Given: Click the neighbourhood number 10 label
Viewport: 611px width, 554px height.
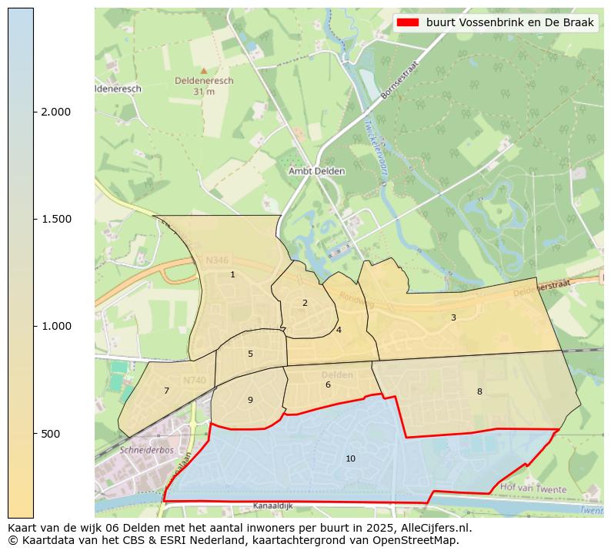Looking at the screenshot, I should click(350, 458).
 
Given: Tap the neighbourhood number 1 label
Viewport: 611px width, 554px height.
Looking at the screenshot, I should click(232, 274).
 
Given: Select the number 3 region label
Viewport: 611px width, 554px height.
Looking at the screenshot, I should click(453, 317).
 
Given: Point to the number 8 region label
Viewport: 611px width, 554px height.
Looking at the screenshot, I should click(479, 391).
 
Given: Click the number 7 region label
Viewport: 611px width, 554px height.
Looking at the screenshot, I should click(166, 391).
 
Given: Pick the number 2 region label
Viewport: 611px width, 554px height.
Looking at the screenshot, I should click(305, 303).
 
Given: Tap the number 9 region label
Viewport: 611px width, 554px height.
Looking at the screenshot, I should click(250, 400).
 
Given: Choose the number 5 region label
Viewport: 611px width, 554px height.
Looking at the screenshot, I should click(250, 354).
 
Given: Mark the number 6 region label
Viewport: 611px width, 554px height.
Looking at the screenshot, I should click(328, 384).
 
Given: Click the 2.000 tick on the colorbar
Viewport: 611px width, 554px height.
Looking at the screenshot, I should click(55, 112).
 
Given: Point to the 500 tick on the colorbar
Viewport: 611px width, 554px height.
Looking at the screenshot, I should click(51, 434).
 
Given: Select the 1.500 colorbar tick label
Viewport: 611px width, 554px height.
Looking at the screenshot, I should click(55, 219).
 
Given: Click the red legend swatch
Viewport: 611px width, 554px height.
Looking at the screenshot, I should click(408, 22).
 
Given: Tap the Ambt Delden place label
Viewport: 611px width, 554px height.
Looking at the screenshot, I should click(316, 171).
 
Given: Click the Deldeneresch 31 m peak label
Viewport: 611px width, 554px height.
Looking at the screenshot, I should click(204, 85).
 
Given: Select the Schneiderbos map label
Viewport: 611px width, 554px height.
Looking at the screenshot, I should click(145, 449).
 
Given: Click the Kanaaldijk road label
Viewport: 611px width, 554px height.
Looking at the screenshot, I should click(274, 507).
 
